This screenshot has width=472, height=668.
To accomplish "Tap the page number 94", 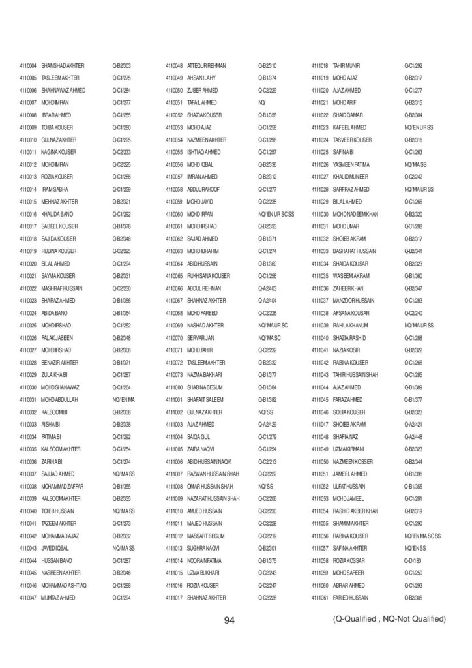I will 229,620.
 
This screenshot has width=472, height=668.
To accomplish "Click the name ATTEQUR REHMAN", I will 206,66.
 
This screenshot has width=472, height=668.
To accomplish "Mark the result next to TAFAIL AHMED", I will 262,103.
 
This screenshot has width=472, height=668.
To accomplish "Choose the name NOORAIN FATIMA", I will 205,560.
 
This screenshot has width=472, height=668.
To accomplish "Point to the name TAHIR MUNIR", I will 347,66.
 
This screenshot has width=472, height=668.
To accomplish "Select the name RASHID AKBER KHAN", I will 355,511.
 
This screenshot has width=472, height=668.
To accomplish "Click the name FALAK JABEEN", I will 57,337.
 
